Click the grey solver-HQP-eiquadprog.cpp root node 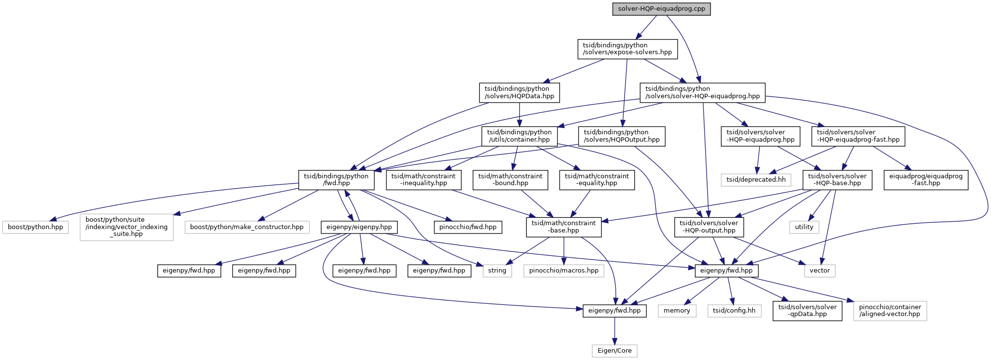pos(661,9)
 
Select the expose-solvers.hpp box pos(627,49)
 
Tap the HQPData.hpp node pos(519,92)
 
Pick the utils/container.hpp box pos(519,136)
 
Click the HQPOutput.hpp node pos(621,136)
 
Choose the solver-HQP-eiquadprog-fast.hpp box pos(858,136)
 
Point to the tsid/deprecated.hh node pos(755,179)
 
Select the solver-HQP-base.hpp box pos(837,179)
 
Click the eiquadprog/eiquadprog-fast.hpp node pos(926,179)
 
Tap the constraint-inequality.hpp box pos(423,179)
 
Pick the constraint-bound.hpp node pos(510,179)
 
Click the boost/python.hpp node pos(35,227)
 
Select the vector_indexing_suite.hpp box pos(127,227)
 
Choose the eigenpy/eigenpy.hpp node pos(359,227)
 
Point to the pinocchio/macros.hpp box pos(563,271)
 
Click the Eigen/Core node pos(614,351)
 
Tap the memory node pos(677,311)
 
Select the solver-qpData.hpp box pos(807,311)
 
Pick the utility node pos(804,227)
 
